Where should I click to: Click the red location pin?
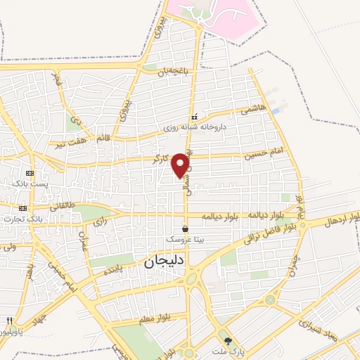[181, 165]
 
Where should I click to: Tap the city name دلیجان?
[160, 263]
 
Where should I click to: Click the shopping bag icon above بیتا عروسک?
[185, 229]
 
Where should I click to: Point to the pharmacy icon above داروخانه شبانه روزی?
[195, 117]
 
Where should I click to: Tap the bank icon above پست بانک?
[29, 173]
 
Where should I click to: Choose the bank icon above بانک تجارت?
[23, 208]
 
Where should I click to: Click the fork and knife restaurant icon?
[8, 321]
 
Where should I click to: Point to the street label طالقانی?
[60, 206]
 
